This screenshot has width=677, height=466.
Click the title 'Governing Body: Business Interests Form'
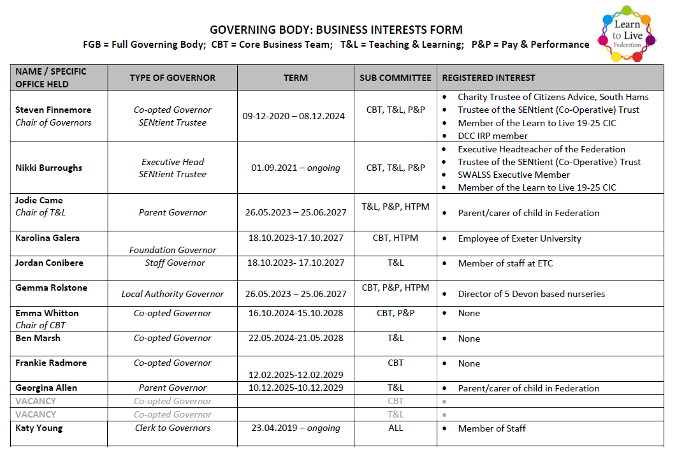(336, 30)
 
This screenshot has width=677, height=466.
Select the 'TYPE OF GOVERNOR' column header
(172, 78)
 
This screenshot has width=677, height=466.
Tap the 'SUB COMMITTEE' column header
(395, 78)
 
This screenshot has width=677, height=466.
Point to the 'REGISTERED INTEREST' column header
(488, 78)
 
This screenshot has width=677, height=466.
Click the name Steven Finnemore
(53, 110)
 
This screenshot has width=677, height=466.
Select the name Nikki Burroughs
(48, 168)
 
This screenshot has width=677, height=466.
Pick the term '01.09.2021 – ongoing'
(295, 168)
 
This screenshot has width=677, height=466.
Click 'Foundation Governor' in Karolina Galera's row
(172, 250)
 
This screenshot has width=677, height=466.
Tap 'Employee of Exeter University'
(519, 238)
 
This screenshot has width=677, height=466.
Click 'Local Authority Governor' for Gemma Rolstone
(172, 294)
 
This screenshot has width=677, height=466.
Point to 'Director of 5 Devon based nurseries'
(531, 294)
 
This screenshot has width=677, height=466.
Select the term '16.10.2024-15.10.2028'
(295, 313)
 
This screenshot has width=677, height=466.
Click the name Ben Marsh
(38, 338)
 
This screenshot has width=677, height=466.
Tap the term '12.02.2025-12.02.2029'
(295, 375)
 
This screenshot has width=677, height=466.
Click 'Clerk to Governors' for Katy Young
(172, 428)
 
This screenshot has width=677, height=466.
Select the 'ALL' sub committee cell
(395, 428)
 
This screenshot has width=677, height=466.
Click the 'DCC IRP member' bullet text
(492, 136)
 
